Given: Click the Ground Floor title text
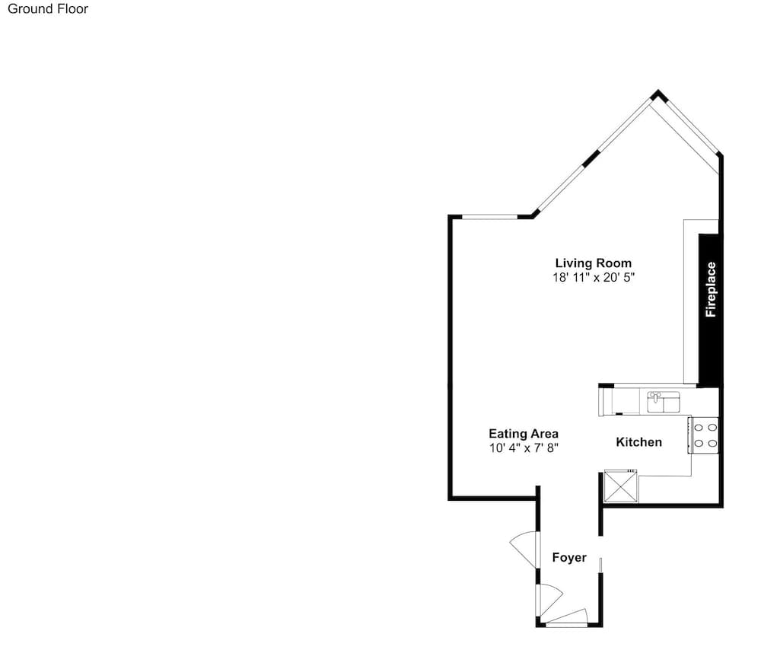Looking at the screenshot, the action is [47, 8].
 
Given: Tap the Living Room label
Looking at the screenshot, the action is [593, 263].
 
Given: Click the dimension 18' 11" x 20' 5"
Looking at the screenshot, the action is [594, 277].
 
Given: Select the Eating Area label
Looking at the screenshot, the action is [524, 434].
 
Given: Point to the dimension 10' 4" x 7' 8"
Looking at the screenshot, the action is [524, 448].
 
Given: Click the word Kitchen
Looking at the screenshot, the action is [638, 441].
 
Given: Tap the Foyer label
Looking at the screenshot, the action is [569, 557].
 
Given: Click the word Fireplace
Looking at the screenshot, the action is [711, 289].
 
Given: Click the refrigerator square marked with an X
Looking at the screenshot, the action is [621, 486].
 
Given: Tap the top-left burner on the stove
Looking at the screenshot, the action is [699, 428].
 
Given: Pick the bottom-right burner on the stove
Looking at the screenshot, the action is [712, 443].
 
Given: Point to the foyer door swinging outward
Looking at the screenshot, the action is [524, 549].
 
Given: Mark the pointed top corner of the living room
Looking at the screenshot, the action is [658, 90].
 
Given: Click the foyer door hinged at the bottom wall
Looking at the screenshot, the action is [566, 615].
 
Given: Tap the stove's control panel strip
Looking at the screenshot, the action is [689, 435].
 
